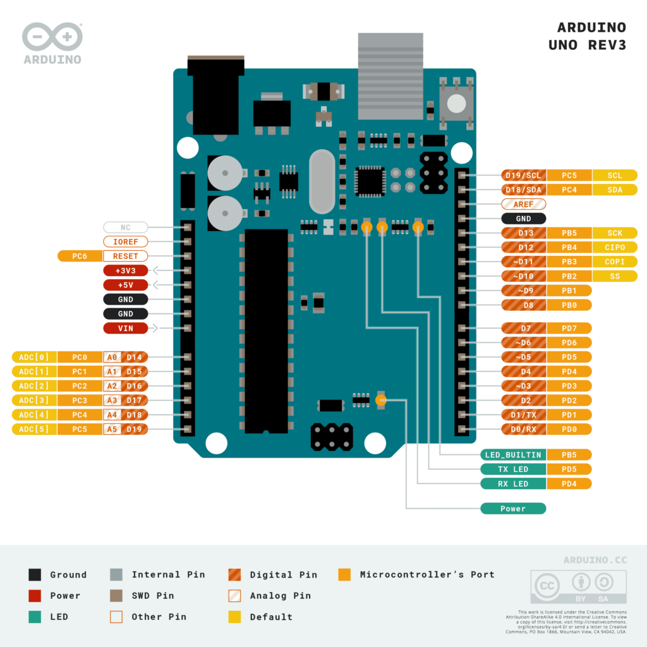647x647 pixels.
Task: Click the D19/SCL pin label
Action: [524, 175]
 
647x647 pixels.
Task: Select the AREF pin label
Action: [523, 204]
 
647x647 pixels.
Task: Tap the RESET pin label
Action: [125, 256]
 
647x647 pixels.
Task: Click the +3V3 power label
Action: [125, 270]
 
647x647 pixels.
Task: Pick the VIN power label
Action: [125, 328]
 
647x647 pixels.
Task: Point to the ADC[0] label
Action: [34, 357]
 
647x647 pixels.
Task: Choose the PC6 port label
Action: [80, 256]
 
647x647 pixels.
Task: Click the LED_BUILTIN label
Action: [512, 454]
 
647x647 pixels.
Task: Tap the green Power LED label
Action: [512, 509]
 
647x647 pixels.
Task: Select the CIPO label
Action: [615, 247]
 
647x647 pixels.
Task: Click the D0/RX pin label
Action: [523, 429]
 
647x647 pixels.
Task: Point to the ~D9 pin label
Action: [523, 291]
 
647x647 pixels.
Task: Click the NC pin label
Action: [125, 227]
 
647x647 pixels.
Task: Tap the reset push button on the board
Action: [456, 103]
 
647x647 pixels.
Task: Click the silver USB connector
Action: [390, 76]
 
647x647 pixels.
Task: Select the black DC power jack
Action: [215, 95]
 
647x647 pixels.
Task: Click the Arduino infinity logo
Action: [52, 37]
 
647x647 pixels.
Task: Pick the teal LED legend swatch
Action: [35, 617]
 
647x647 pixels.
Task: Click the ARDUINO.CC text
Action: [595, 560]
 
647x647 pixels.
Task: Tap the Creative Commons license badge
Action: [578, 587]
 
